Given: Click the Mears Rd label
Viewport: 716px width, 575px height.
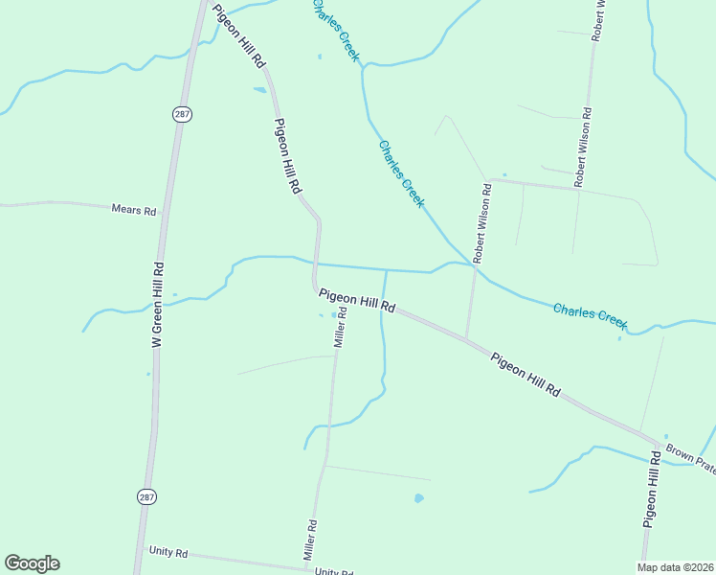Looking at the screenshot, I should (133, 209).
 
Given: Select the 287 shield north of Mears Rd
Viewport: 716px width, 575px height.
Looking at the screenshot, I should (181, 114).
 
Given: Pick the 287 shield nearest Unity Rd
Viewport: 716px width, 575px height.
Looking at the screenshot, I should (145, 496).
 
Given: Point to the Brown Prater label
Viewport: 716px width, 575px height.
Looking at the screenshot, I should (691, 458).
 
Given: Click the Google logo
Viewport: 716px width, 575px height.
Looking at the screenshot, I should (32, 563).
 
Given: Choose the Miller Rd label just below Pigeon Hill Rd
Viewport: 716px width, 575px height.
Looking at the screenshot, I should (339, 328).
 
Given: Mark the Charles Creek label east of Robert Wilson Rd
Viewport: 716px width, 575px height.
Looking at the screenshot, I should (590, 313).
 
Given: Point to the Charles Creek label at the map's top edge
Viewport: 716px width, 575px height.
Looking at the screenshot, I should (335, 31).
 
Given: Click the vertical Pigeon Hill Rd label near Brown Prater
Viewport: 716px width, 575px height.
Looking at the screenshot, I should (651, 491).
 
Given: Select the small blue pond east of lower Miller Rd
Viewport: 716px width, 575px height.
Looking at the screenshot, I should (418, 498).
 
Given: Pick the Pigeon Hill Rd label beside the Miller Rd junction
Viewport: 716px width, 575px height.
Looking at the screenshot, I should (357, 301).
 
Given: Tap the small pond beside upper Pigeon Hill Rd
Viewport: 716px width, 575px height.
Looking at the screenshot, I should (259, 91).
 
